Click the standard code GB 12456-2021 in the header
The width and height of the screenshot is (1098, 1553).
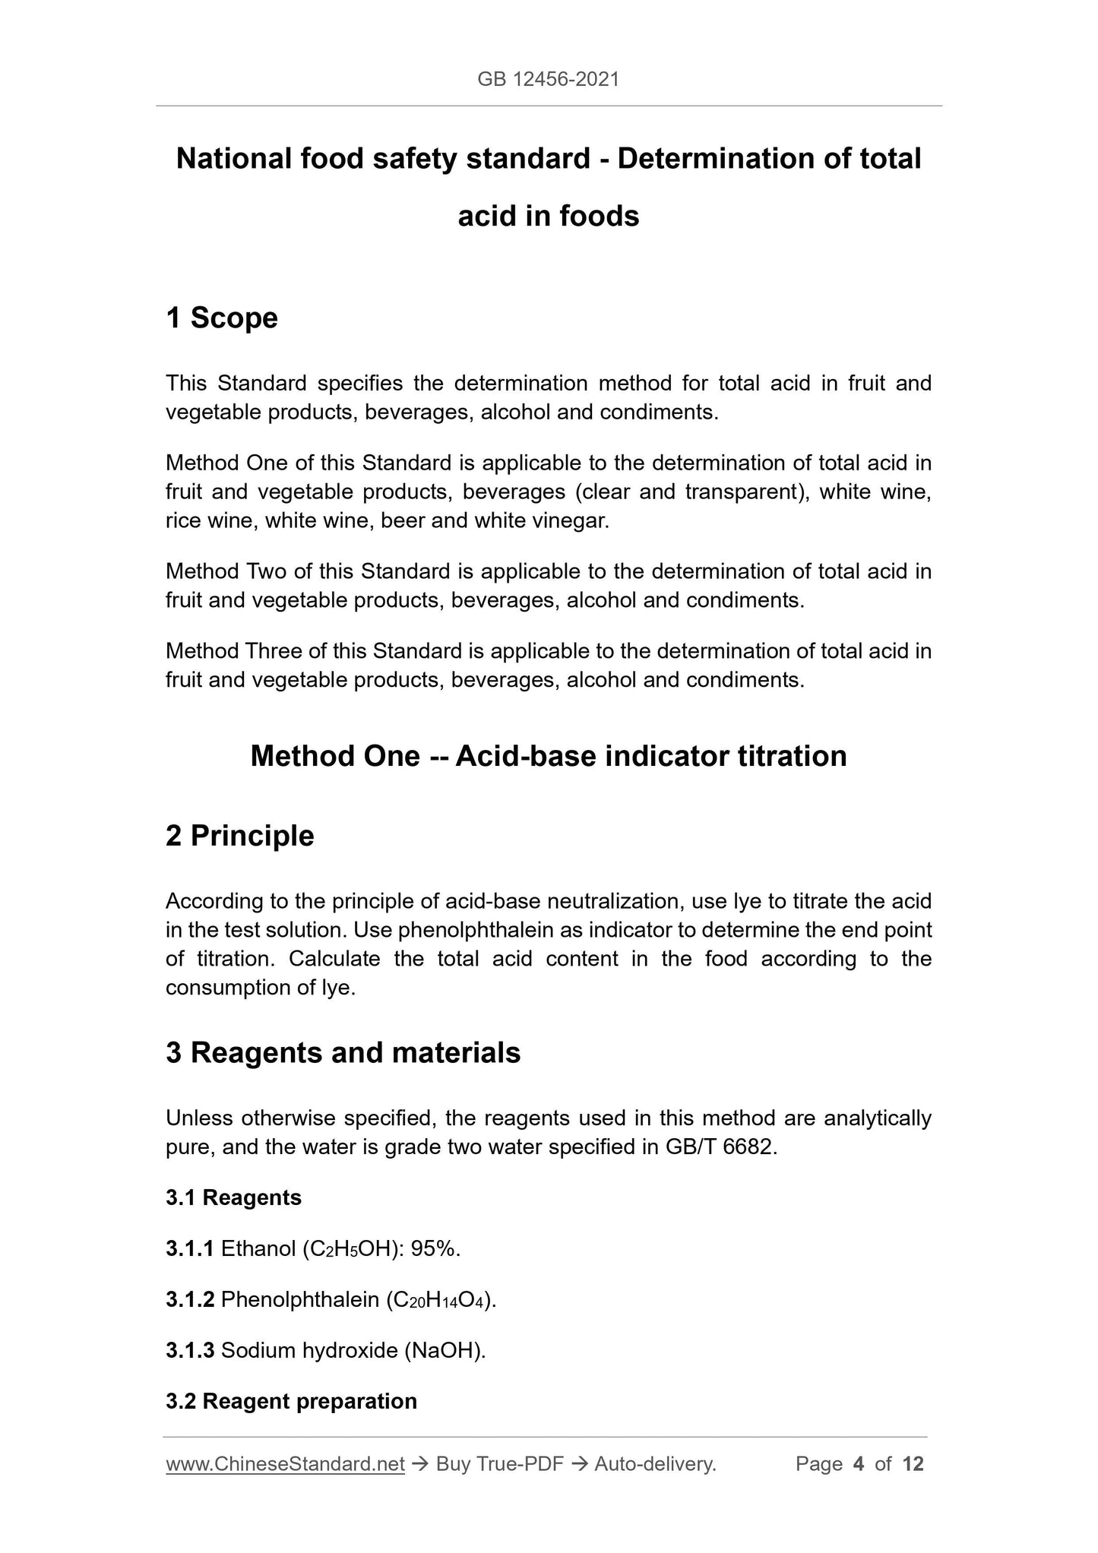(x=548, y=79)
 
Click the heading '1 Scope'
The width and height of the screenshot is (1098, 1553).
(x=222, y=318)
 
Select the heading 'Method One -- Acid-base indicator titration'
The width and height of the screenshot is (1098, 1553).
(x=548, y=756)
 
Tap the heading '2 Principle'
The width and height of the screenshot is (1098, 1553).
(x=239, y=836)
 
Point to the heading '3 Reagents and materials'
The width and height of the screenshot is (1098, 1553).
(x=343, y=1052)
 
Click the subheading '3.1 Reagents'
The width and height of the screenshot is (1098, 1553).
(x=233, y=1197)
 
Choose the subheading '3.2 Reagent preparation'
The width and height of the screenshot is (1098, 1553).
(x=291, y=1401)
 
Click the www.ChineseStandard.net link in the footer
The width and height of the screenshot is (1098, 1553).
(x=285, y=1464)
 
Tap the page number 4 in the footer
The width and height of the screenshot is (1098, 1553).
(x=859, y=1464)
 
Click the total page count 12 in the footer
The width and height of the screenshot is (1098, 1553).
(x=913, y=1464)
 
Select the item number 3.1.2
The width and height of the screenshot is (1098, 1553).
(x=190, y=1299)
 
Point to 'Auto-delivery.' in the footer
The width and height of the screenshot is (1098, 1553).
(x=655, y=1464)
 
